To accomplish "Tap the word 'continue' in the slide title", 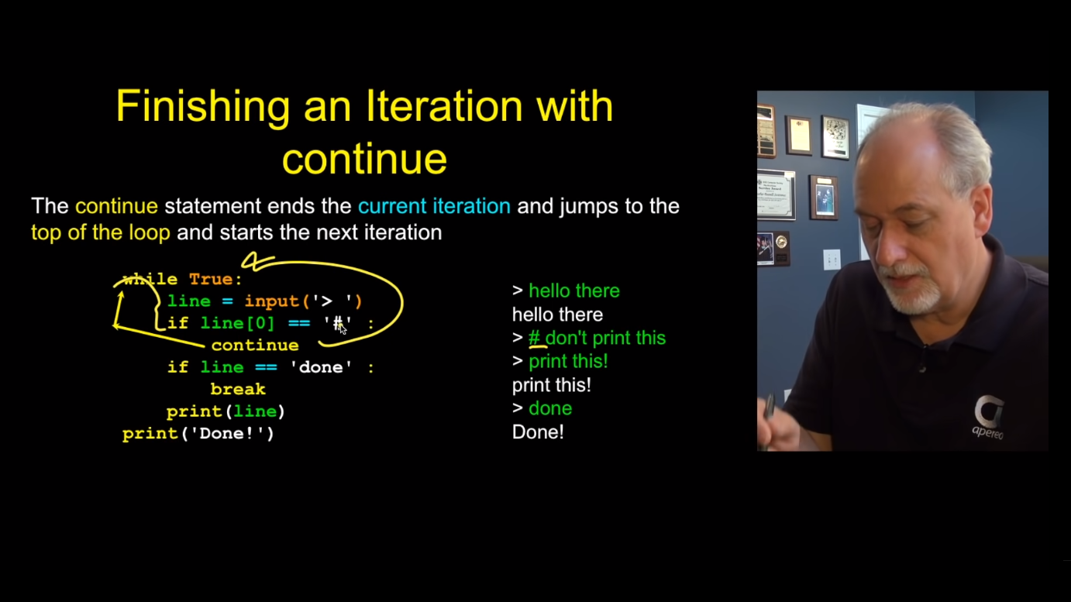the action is (x=364, y=160).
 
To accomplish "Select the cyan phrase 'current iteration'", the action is (x=434, y=207).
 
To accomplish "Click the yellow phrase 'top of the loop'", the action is (x=101, y=233).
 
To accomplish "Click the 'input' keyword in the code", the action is (x=272, y=301).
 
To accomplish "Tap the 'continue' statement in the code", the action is (x=255, y=346).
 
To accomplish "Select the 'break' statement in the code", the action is (x=238, y=389).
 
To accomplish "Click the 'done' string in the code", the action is (x=321, y=367).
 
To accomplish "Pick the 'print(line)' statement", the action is (x=226, y=411).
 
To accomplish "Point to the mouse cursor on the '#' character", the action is (x=343, y=329).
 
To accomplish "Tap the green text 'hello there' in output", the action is (x=574, y=291).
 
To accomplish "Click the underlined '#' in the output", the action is (x=534, y=338).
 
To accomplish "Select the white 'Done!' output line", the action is (x=538, y=432).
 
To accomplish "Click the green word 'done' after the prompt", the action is (x=550, y=408).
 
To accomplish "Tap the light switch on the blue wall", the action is (x=832, y=260).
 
